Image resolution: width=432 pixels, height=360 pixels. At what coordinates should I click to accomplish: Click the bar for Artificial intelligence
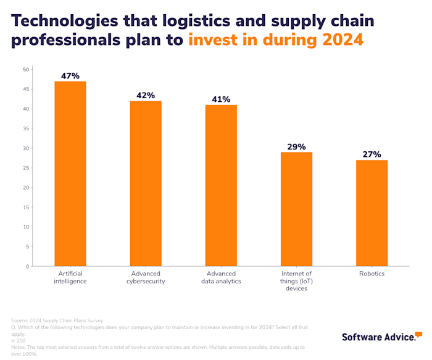(70, 174)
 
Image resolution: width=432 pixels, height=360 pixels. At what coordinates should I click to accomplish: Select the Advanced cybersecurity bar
(146, 183)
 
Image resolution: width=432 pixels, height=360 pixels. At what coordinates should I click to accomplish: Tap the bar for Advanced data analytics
(221, 185)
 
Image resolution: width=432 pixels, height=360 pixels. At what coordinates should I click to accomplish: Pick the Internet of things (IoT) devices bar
(296, 209)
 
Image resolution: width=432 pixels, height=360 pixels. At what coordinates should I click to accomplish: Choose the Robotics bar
(372, 213)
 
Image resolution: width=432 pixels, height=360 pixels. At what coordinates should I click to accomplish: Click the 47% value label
(70, 76)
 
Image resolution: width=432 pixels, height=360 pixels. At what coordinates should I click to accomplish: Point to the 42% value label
(146, 96)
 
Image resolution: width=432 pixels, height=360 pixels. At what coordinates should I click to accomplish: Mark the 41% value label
(221, 99)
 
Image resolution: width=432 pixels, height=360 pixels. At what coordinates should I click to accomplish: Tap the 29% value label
(296, 147)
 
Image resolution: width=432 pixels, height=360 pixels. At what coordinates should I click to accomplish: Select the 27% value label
(372, 154)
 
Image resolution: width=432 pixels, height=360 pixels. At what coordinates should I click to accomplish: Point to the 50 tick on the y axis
(27, 70)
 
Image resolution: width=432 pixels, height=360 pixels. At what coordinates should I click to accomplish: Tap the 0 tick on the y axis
(28, 266)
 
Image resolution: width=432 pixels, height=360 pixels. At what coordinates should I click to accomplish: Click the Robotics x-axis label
(372, 274)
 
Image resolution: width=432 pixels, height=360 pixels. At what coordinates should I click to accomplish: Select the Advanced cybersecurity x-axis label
(146, 277)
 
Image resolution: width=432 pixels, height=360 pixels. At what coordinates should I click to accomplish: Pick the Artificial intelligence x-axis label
(70, 277)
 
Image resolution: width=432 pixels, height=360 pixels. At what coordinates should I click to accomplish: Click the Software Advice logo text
(378, 337)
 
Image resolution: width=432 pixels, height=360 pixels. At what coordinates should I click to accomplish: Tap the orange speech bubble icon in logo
(418, 334)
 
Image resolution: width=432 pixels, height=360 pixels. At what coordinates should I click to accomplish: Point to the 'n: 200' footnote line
(19, 340)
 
